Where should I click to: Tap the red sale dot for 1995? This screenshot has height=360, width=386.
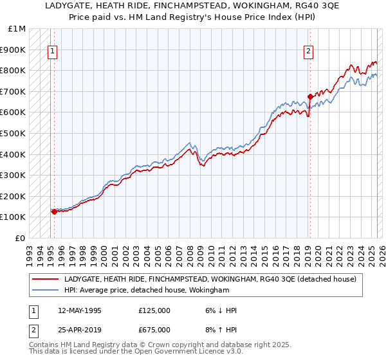click(54, 212)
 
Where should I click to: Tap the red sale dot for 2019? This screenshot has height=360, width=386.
click(310, 96)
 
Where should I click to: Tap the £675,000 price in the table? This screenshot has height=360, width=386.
click(154, 330)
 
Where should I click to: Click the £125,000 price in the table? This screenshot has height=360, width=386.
click(154, 310)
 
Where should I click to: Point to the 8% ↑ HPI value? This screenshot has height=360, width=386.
click(219, 330)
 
